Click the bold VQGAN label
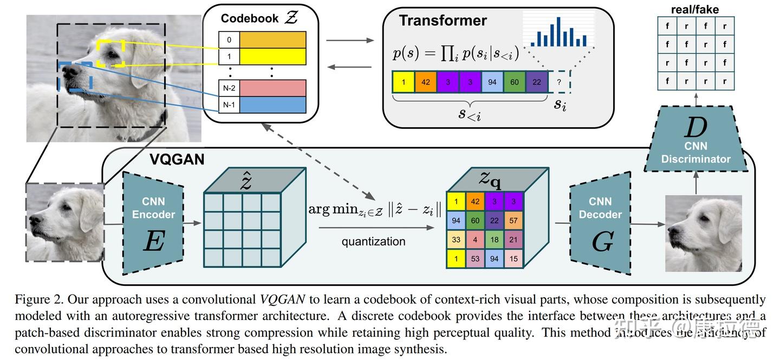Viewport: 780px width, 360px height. (177, 160)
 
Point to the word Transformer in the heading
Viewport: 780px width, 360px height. (443, 21)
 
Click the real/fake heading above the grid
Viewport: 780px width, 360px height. (695, 9)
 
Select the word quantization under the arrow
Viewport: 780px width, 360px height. (373, 241)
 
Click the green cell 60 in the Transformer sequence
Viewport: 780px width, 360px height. (514, 82)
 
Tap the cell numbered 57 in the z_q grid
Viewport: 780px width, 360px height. (513, 221)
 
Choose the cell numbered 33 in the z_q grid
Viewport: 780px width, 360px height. (456, 240)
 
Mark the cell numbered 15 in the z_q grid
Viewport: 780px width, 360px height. (513, 259)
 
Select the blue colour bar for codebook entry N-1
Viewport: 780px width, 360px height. (273, 105)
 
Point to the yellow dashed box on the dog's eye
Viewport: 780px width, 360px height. (111, 53)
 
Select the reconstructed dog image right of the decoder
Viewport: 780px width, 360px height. (703, 233)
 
